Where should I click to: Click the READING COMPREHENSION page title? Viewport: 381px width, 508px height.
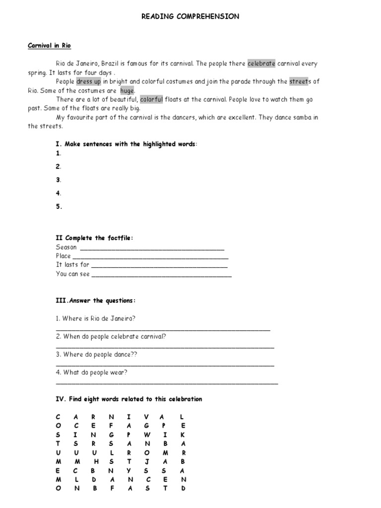[190, 16]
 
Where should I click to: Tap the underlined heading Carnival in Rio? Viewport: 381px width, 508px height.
[49, 46]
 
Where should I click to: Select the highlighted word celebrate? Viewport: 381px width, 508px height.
[261, 63]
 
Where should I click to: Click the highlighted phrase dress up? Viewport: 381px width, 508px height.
[88, 81]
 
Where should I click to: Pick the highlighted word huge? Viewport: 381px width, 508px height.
[127, 90]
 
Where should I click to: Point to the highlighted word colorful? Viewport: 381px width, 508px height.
[151, 99]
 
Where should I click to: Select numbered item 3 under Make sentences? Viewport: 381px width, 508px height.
[59, 180]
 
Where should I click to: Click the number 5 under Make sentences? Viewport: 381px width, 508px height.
[59, 207]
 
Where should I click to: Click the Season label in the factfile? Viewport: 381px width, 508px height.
[66, 247]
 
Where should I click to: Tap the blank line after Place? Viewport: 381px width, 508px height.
[151, 257]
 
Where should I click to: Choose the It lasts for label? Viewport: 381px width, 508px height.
[72, 265]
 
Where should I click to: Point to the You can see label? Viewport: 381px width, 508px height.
[73, 274]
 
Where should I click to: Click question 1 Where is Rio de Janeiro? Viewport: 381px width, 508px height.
[96, 318]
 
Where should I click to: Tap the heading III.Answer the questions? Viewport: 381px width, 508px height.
[96, 301]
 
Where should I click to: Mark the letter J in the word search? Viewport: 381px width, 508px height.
[147, 461]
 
